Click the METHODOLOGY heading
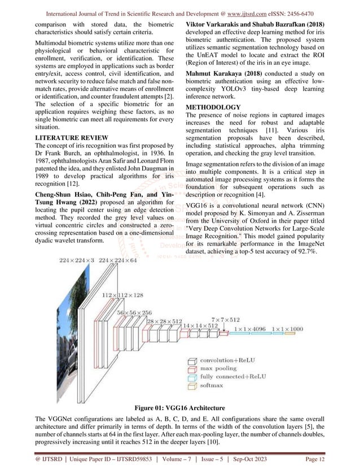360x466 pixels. coord(214,107)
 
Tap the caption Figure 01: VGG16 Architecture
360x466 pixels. coord(179,408)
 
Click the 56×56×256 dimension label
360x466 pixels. coord(135,312)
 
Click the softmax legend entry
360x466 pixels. coord(216,386)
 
